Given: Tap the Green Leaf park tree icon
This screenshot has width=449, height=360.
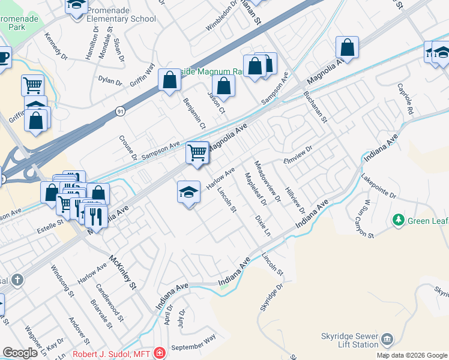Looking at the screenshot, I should click(x=397, y=221).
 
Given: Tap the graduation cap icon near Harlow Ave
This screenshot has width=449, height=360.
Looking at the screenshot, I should click(x=188, y=192).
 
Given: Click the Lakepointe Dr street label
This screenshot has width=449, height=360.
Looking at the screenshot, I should click(x=379, y=187).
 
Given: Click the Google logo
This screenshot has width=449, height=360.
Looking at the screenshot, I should click(x=20, y=353).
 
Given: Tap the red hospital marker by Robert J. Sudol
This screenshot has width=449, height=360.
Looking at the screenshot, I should click(x=159, y=353).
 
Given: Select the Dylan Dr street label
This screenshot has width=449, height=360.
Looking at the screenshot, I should click(x=110, y=81).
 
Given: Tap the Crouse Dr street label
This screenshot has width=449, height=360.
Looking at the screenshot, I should click(x=129, y=147).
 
